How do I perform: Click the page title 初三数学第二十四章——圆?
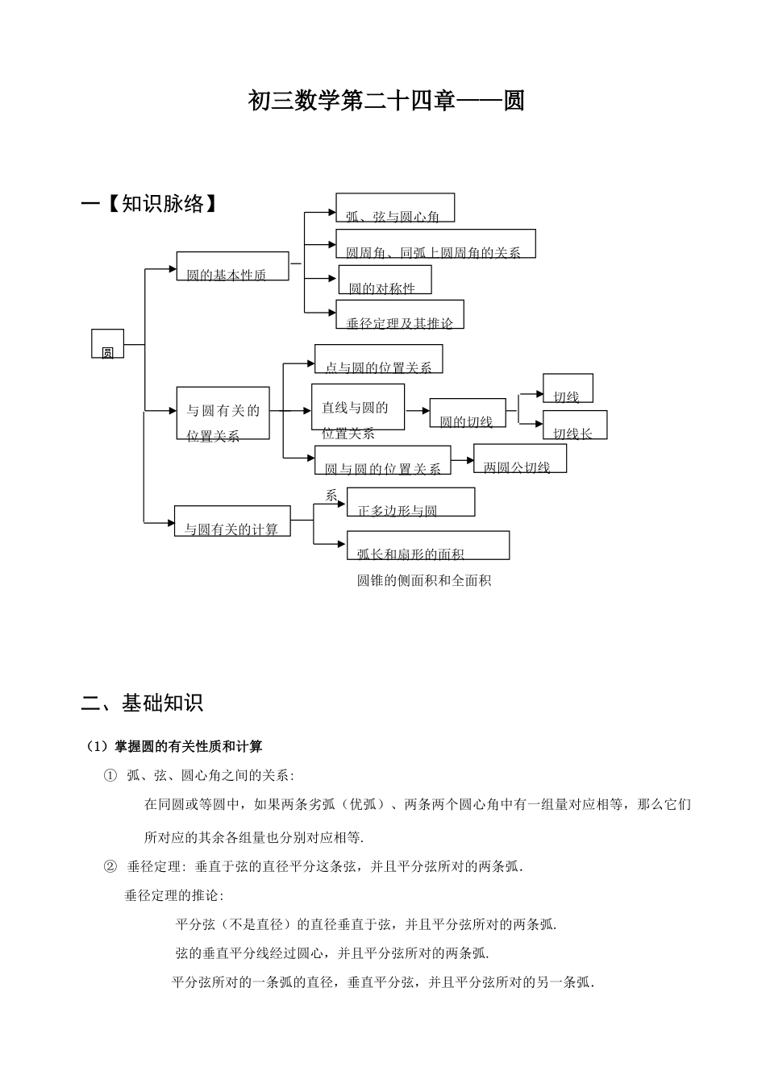click(x=386, y=102)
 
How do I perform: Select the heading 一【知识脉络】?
click(x=151, y=204)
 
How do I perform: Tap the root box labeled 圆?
click(x=107, y=344)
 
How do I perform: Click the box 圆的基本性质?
click(x=232, y=267)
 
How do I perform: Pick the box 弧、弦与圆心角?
click(x=395, y=208)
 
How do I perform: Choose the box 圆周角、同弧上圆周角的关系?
click(x=435, y=244)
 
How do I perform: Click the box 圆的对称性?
click(x=385, y=280)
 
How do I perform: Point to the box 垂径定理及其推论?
click(x=400, y=315)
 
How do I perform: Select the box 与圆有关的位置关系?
click(x=223, y=413)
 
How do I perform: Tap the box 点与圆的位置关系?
click(x=378, y=359)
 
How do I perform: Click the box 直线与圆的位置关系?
click(x=357, y=408)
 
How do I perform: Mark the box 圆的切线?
click(x=467, y=413)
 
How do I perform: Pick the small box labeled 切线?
click(x=568, y=388)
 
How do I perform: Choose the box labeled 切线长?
click(x=574, y=425)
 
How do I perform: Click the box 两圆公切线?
click(x=519, y=459)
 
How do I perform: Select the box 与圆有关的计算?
click(x=232, y=521)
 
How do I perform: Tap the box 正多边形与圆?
click(x=410, y=502)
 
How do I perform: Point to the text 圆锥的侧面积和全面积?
click(x=424, y=580)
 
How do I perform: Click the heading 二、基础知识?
click(x=142, y=703)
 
